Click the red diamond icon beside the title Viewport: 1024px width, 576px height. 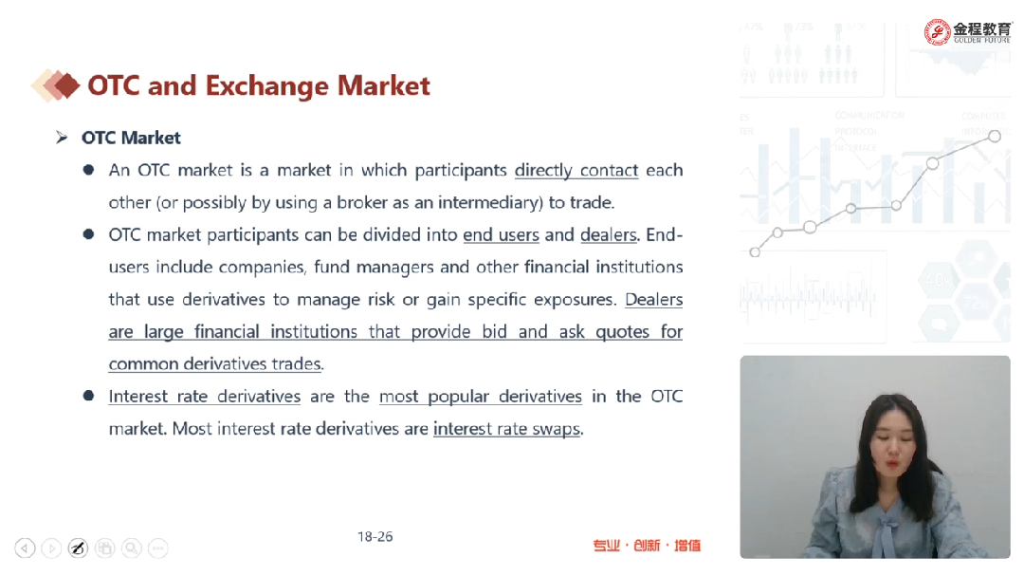pyautogui.click(x=66, y=85)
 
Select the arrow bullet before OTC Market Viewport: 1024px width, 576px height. pyautogui.click(x=62, y=138)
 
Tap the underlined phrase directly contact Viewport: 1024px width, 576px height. pyautogui.click(x=576, y=171)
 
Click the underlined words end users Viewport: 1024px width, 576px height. pyautogui.click(x=501, y=234)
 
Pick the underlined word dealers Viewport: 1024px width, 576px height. pyautogui.click(x=608, y=234)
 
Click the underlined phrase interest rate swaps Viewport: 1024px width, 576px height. pyautogui.click(x=506, y=429)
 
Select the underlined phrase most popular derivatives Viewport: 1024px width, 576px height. pyautogui.click(x=480, y=397)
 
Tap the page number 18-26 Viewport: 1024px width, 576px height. pyautogui.click(x=375, y=537)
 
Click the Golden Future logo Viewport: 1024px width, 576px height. pyautogui.click(x=966, y=31)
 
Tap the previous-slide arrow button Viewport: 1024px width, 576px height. pyautogui.click(x=25, y=548)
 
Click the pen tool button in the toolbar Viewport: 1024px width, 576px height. pyautogui.click(x=78, y=548)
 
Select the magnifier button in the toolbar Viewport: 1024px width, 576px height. pyautogui.click(x=131, y=548)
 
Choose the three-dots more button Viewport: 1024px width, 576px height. pyautogui.click(x=158, y=548)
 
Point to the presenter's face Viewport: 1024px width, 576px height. pyautogui.click(x=892, y=445)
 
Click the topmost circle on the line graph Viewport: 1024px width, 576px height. pyautogui.click(x=994, y=136)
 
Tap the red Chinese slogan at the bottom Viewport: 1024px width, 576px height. pyautogui.click(x=647, y=546)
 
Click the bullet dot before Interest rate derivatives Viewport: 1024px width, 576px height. pyautogui.click(x=89, y=396)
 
